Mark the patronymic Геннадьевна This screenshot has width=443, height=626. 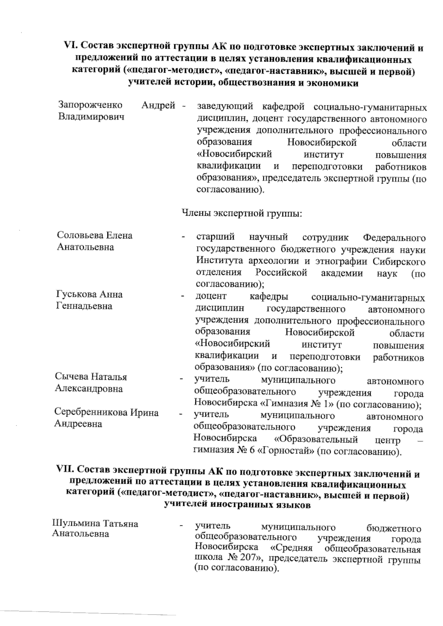(84, 306)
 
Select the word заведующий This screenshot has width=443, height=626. (225, 107)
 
